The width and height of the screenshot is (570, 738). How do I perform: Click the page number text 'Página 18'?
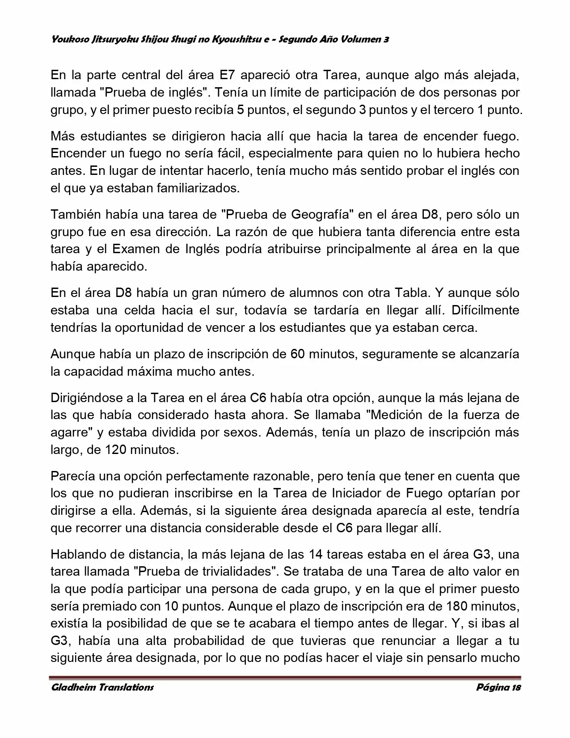coord(498,687)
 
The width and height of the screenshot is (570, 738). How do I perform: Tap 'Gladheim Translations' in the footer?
coord(102,687)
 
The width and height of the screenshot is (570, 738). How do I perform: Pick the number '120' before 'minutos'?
coord(116,450)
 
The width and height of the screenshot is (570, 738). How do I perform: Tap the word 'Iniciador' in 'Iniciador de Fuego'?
coord(355,493)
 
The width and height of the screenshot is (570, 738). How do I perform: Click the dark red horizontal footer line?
coord(286,677)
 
